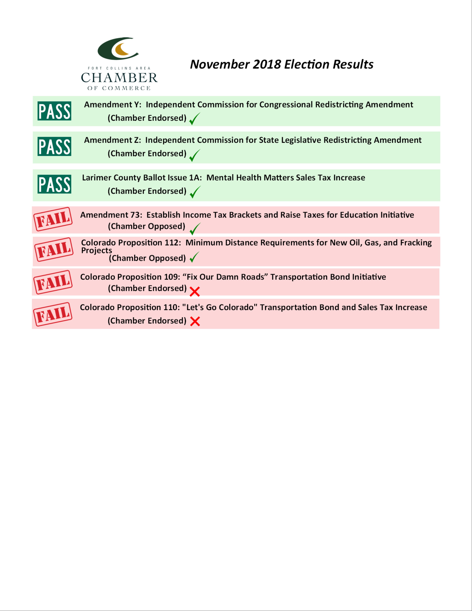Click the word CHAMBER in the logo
point(119,78)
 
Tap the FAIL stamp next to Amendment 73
point(53,219)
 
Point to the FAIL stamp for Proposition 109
point(53,282)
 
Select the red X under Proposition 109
point(195,291)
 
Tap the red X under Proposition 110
point(195,321)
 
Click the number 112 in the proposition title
point(172,243)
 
